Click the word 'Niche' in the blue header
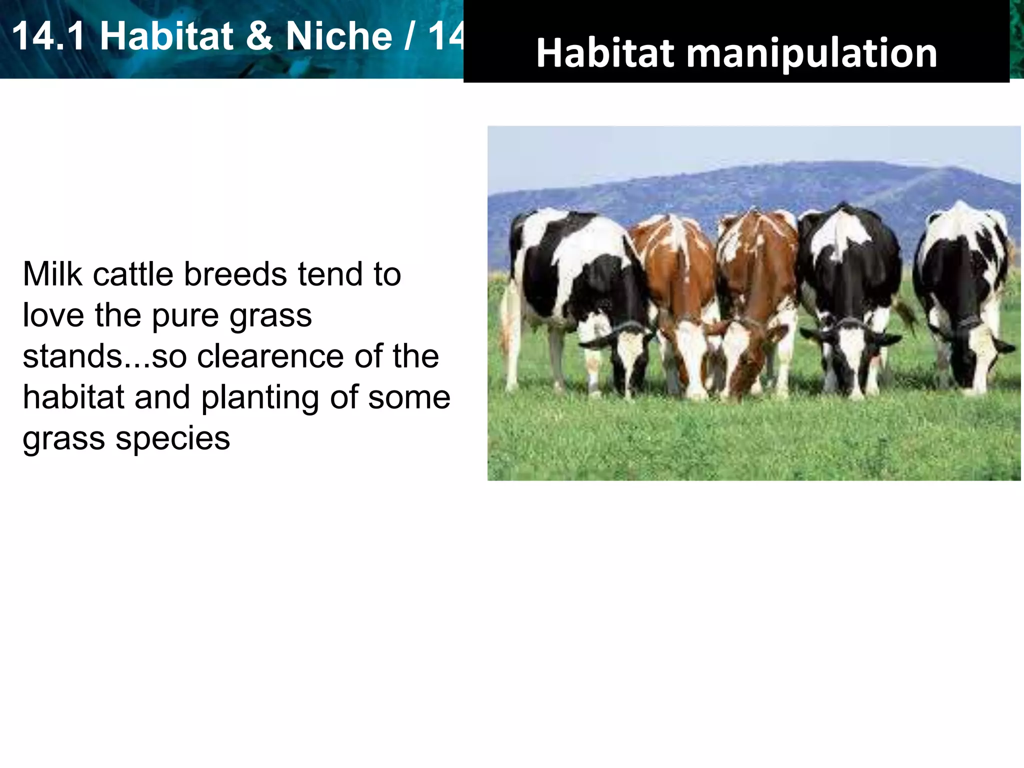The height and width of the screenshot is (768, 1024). pyautogui.click(x=338, y=36)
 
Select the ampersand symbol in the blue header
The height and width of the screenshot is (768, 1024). pyautogui.click(x=259, y=36)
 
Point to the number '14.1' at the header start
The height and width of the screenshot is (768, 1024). pyautogui.click(x=48, y=36)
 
